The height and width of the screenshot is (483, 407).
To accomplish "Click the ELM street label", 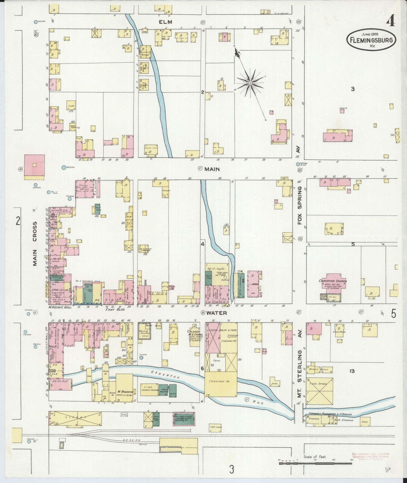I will pos(165,22).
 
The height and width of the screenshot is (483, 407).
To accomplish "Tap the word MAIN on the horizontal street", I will pos(212,169).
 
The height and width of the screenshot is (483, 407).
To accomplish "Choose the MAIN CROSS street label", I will pos(35,243).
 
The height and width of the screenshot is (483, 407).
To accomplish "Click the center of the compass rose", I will pos(250,83).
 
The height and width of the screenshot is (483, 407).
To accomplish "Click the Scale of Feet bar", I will pos(315,463).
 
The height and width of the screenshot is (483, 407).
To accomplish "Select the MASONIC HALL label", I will pos(60,307).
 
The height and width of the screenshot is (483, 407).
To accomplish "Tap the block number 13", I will pos(352,371).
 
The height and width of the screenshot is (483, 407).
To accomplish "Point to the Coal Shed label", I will pos(215,427).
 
